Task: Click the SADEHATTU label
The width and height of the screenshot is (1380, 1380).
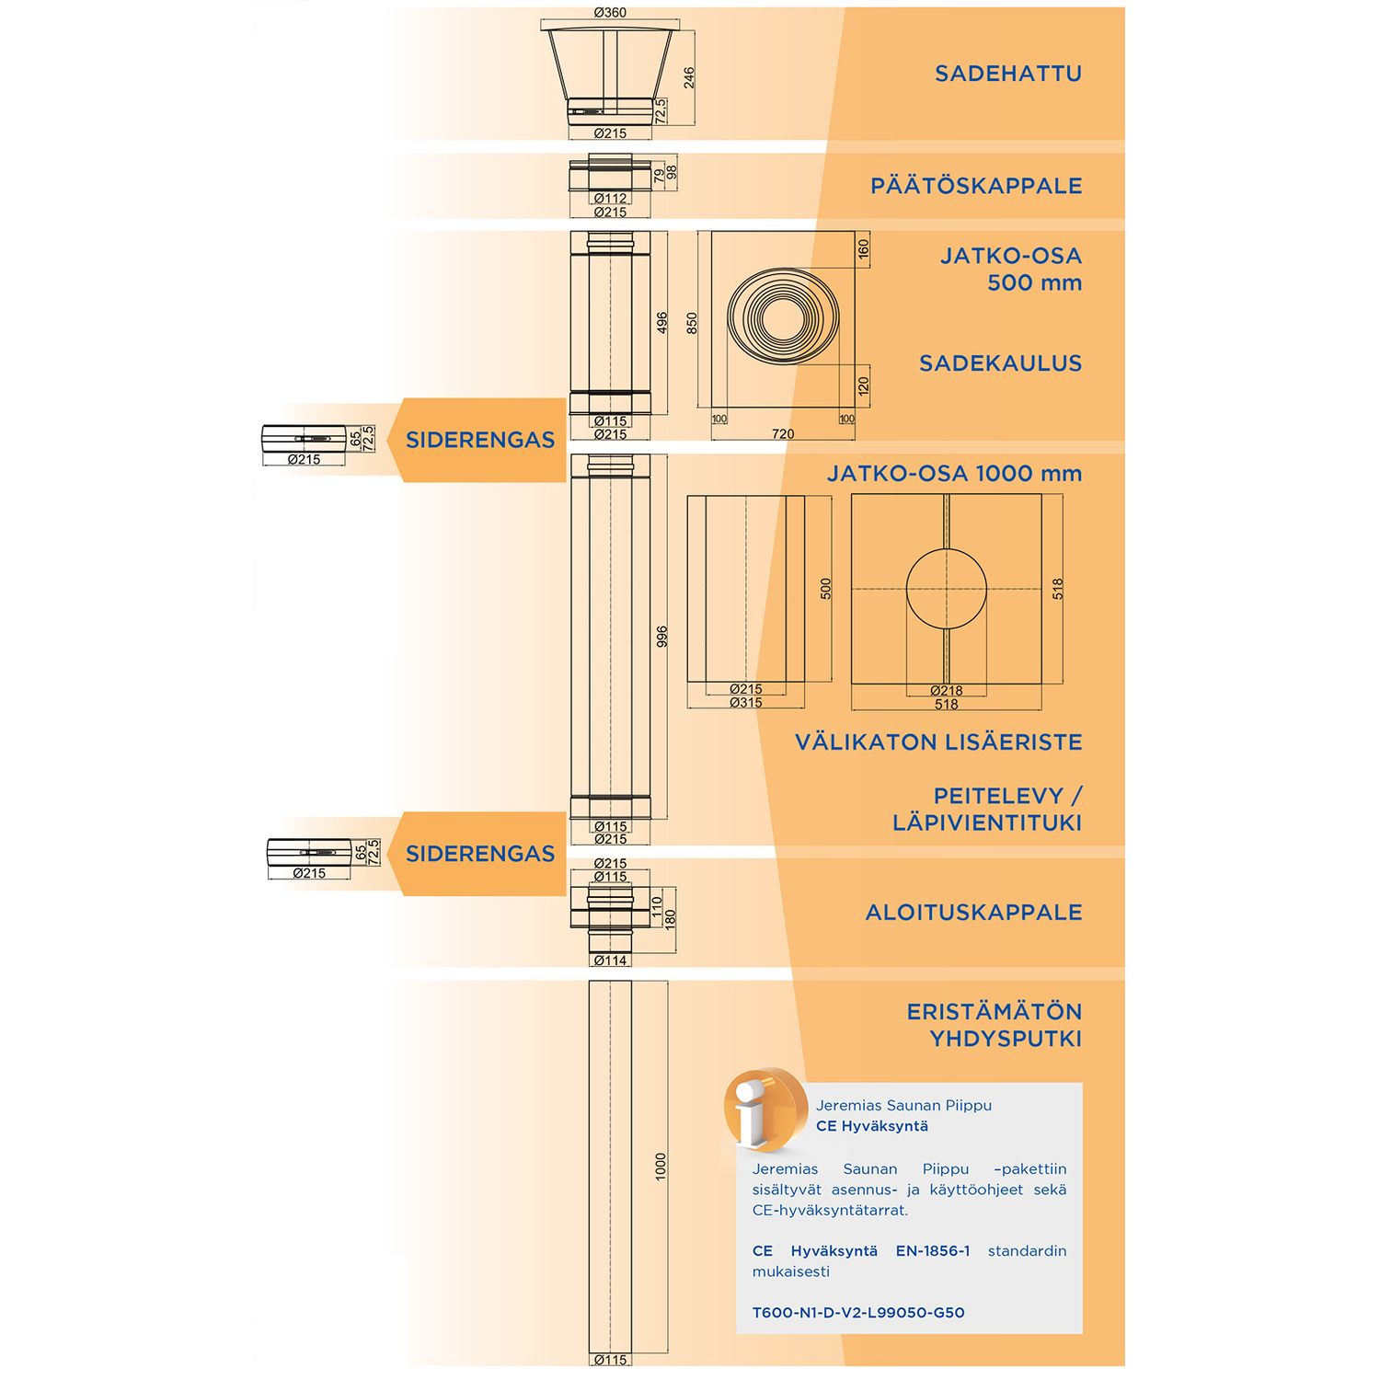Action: pos(1007,74)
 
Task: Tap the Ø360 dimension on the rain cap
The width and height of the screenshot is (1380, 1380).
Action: pos(610,13)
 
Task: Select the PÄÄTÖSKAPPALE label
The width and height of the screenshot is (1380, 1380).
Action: pos(975,186)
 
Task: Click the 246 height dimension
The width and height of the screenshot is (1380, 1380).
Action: pos(689,77)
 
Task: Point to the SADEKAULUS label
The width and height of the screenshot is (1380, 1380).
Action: pos(1000,363)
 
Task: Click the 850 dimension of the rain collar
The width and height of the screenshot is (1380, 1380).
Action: pos(692,322)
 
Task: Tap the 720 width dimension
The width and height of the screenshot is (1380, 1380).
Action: pos(783,433)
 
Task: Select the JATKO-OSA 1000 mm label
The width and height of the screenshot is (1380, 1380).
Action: pos(954,474)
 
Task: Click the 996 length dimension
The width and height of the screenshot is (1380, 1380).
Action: pos(661,637)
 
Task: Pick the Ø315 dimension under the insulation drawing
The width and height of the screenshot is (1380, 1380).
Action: pos(745,703)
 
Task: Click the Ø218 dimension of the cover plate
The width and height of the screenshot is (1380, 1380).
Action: pos(946,691)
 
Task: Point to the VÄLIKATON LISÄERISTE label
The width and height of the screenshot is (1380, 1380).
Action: pos(938,742)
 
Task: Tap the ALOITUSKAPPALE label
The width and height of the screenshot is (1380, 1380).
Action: pos(973,913)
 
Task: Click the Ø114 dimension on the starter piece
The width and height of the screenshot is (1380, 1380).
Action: pos(610,960)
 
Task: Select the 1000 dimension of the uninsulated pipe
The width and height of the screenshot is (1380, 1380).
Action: pos(660,1167)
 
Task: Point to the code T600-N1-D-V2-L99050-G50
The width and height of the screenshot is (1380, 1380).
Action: pos(858,1313)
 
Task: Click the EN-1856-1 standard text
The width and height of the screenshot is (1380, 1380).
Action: pos(932,1251)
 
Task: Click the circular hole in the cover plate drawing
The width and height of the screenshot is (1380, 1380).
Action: pos(946,590)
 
